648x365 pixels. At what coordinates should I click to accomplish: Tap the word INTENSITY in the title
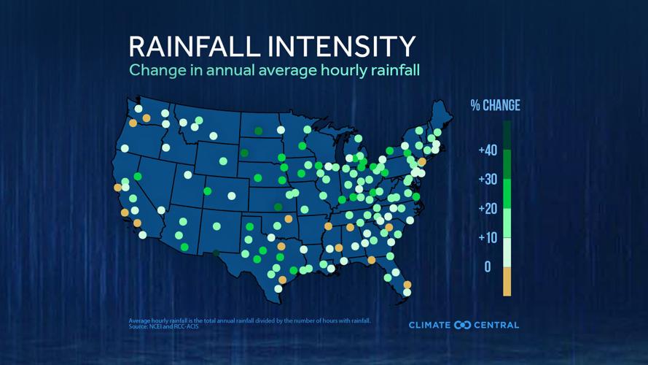[342, 46]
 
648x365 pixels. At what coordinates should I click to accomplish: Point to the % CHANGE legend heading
[495, 106]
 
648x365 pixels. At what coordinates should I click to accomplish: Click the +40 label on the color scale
[488, 150]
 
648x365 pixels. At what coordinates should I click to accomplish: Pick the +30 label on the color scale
[488, 180]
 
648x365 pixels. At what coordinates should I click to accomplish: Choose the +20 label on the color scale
[488, 209]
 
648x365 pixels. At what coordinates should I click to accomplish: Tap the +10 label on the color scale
[488, 238]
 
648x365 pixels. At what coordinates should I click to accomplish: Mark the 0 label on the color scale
[488, 267]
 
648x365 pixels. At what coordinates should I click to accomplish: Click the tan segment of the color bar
[507, 282]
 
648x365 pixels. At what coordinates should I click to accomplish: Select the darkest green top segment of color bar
[507, 135]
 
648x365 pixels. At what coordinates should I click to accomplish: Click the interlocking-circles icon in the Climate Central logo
[462, 325]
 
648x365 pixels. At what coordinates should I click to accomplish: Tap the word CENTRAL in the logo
[497, 325]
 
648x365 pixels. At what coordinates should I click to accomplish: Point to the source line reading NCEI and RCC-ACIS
[163, 326]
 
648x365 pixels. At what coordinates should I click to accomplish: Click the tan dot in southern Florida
[407, 285]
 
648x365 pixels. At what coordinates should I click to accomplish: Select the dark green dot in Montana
[259, 131]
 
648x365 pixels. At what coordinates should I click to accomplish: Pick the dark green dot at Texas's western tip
[216, 253]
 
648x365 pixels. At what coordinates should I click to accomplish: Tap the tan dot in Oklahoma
[289, 219]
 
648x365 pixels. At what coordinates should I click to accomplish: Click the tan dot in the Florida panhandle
[372, 260]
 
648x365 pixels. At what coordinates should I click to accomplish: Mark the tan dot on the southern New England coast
[422, 162]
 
